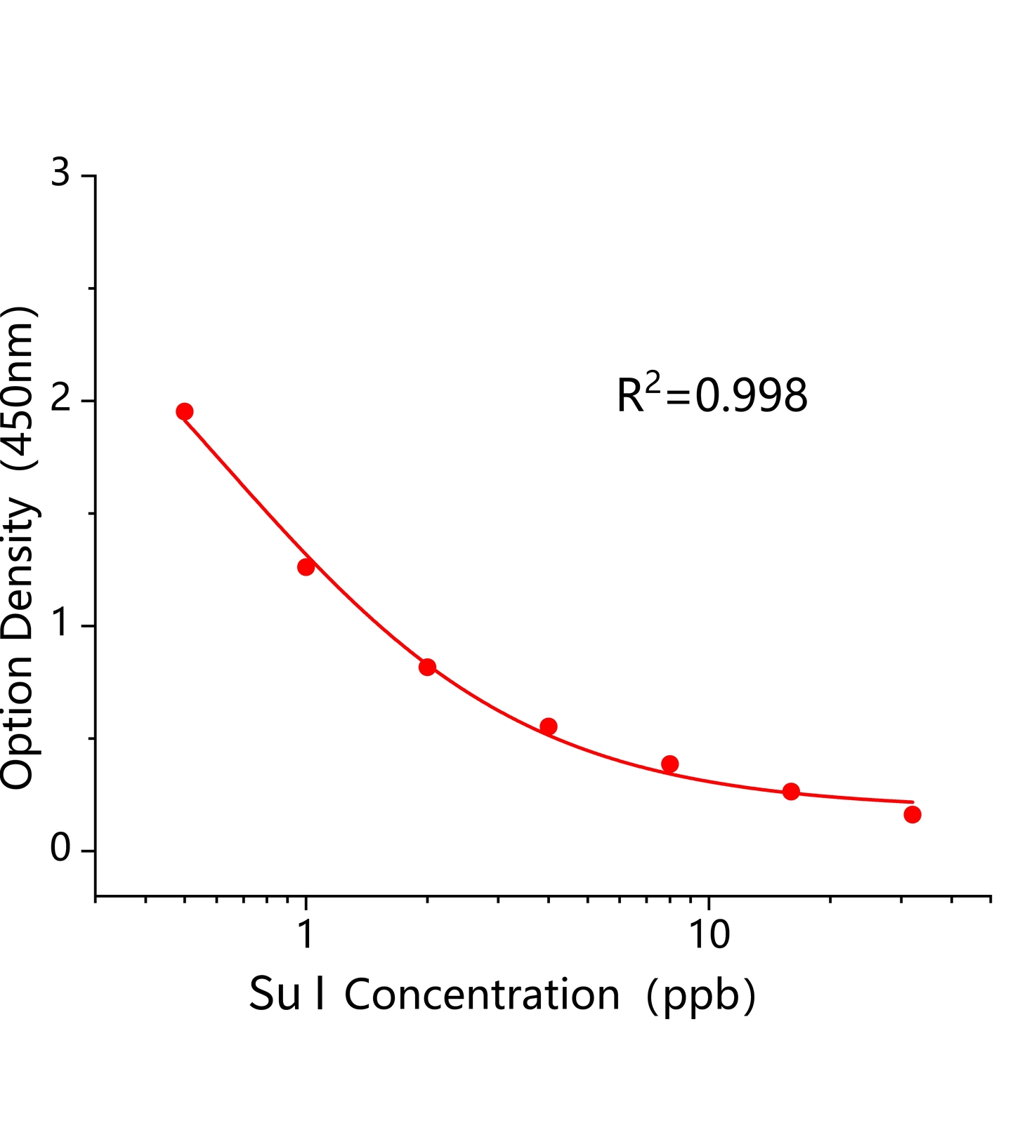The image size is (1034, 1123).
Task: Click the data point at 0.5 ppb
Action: (x=185, y=411)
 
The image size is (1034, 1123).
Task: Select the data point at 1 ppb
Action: (x=306, y=567)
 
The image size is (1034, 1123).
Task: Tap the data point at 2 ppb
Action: (x=427, y=667)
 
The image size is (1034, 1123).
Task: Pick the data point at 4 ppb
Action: (x=549, y=726)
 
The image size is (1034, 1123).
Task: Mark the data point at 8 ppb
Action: (x=670, y=764)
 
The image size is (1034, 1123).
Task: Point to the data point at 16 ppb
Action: (x=791, y=792)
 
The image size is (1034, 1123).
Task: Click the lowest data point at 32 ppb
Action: (x=912, y=815)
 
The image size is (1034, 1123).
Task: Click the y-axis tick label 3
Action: (x=61, y=173)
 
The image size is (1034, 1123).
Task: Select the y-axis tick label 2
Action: (x=61, y=399)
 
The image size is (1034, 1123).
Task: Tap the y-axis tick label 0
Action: (x=61, y=849)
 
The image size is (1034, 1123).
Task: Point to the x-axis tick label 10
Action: (x=709, y=934)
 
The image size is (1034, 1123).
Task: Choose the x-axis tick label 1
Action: (x=306, y=934)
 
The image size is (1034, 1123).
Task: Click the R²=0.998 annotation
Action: (x=712, y=394)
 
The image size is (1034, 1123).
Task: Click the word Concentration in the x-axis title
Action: (x=482, y=995)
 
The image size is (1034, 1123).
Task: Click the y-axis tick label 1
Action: (x=61, y=623)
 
